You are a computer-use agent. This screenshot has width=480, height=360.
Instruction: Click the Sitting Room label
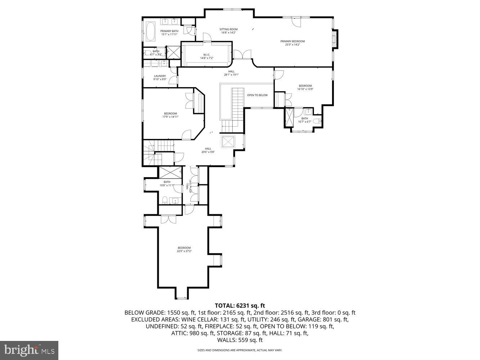point(228,29)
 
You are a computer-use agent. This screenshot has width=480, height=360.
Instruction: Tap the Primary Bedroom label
point(292,41)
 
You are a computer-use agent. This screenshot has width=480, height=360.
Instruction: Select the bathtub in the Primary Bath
point(150,32)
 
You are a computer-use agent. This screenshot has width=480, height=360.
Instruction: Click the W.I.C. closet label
point(207,55)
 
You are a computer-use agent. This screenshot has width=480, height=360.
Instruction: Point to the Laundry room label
point(160,76)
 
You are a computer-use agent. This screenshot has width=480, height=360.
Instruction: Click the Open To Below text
point(257,95)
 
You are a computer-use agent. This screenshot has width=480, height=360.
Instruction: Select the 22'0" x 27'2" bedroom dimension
point(184,251)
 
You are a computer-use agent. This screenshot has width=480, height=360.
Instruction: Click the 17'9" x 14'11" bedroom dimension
point(170,117)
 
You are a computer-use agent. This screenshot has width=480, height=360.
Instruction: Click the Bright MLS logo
point(30,350)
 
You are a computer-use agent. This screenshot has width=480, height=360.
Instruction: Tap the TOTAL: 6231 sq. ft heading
point(240,306)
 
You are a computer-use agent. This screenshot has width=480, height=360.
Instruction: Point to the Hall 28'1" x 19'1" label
point(231,73)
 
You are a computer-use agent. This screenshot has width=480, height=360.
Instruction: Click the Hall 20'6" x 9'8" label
point(208,150)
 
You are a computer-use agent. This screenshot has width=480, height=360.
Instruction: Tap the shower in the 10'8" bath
point(169,172)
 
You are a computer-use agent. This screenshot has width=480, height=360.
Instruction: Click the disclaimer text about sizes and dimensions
point(240,350)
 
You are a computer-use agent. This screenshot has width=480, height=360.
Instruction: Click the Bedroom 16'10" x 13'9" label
point(305,87)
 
